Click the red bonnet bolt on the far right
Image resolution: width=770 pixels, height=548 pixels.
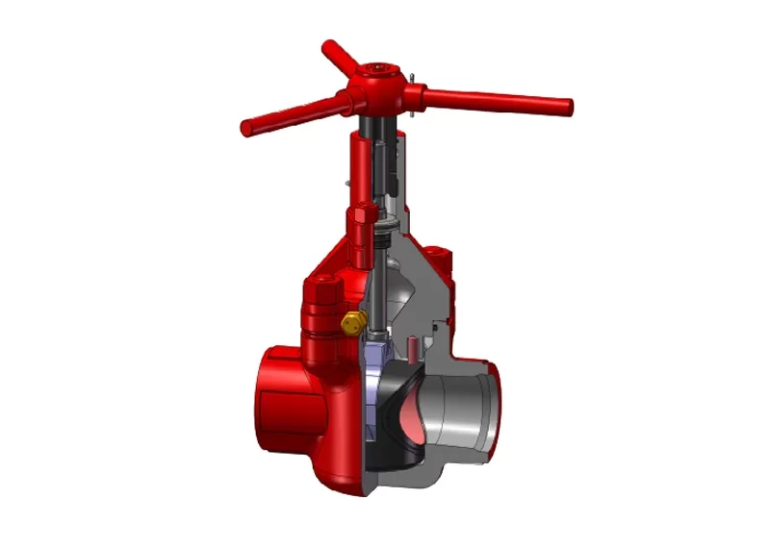(x=443, y=261)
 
